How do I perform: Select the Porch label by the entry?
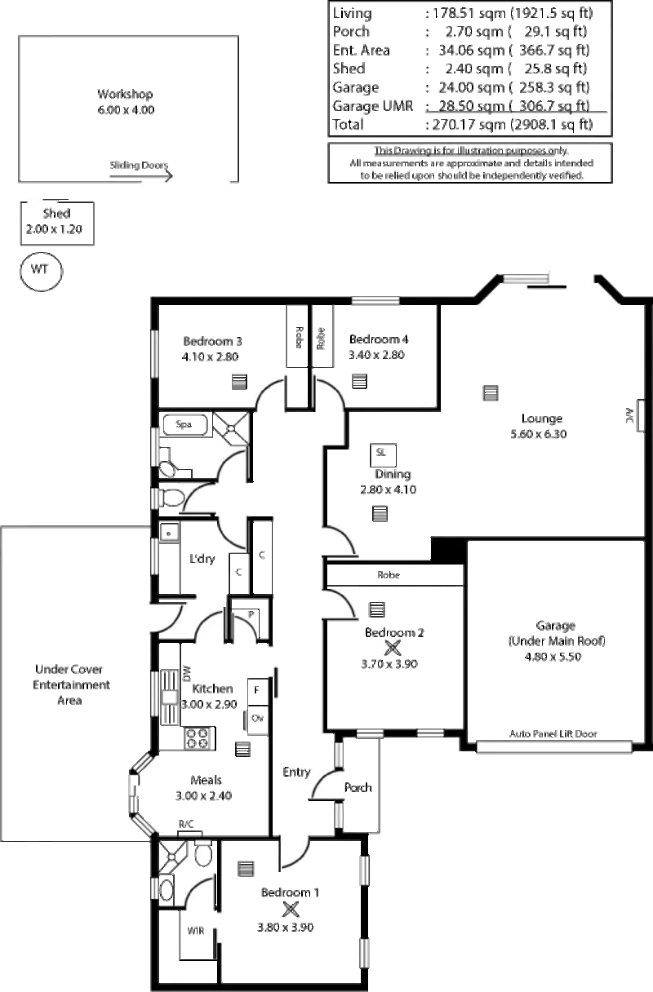coord(358,789)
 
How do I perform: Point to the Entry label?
coord(294,770)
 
